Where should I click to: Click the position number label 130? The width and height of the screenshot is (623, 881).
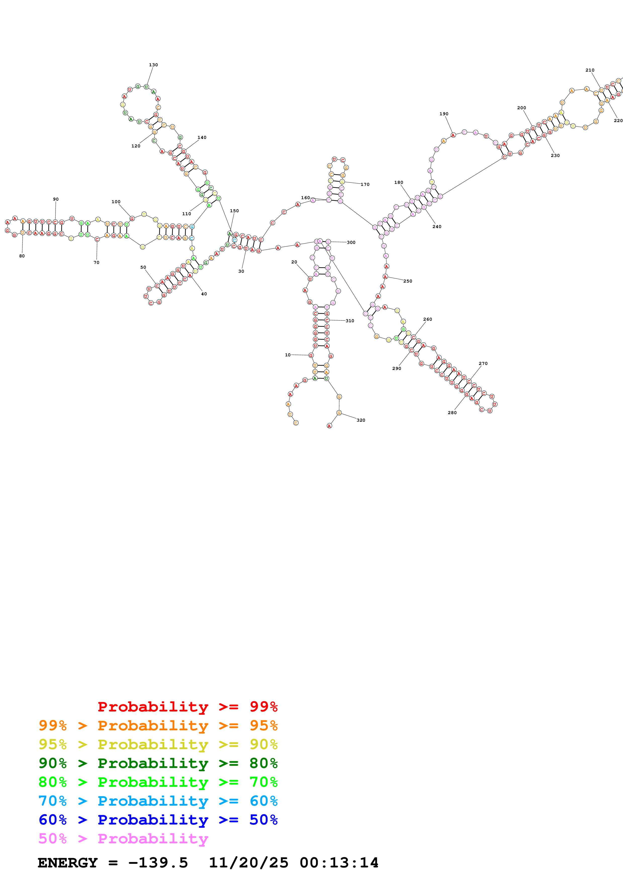[153, 65]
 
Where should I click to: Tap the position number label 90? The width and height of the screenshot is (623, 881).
[56, 199]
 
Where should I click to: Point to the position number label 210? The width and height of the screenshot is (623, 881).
[590, 70]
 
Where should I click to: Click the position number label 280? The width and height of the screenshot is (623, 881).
[452, 413]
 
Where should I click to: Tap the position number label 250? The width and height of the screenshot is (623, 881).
[407, 281]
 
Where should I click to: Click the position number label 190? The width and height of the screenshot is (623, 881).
[444, 114]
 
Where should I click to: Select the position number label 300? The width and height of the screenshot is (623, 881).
[351, 243]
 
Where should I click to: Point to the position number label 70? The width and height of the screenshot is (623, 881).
[96, 262]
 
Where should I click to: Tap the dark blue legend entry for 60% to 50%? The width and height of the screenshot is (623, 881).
[158, 820]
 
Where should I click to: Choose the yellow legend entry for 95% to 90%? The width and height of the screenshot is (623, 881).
[158, 744]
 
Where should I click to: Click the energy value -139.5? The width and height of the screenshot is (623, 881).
[158, 863]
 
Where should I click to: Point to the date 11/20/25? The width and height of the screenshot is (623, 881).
[248, 863]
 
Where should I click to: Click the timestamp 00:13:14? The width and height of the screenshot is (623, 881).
[339, 863]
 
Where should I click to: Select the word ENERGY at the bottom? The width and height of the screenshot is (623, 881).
[68, 863]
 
